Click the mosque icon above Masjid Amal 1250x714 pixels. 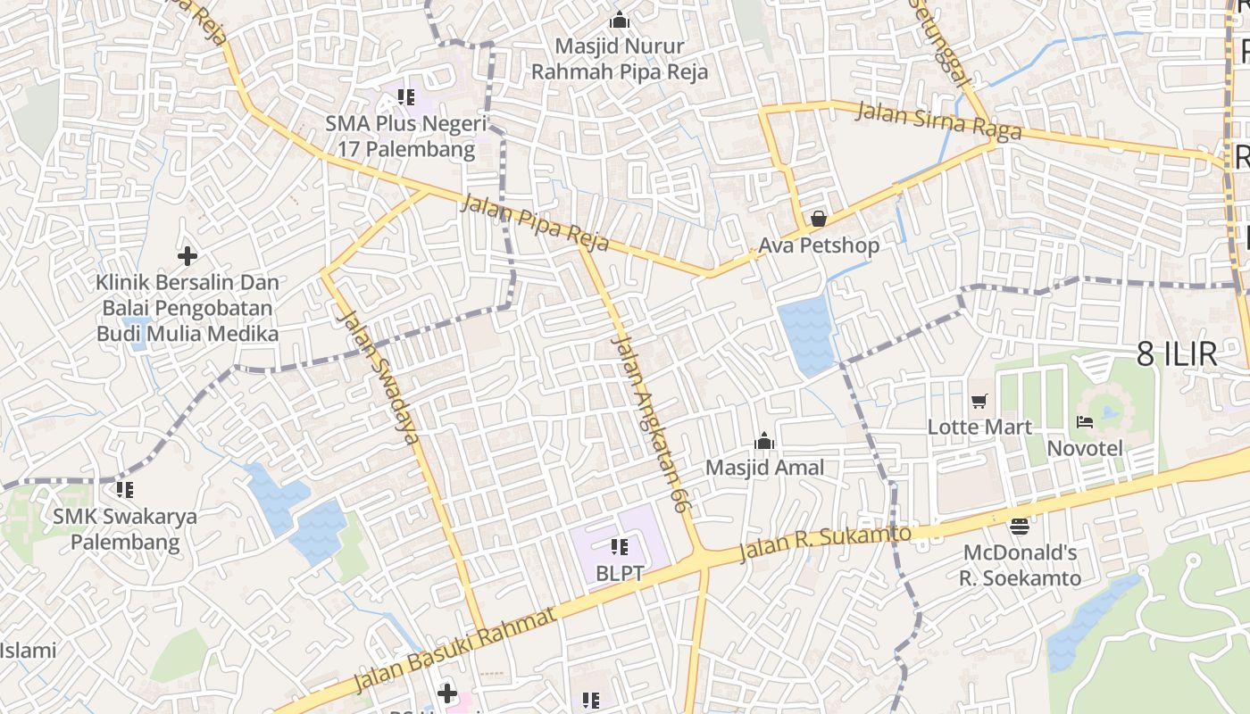(764, 442)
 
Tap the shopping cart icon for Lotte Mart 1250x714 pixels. (979, 402)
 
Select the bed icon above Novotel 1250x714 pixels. (1085, 422)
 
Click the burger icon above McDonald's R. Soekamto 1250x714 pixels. (1019, 526)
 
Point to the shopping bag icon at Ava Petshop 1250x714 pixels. (818, 219)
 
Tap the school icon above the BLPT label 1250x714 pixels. (619, 546)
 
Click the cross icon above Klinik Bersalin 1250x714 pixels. (187, 256)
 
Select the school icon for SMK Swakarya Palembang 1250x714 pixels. (125, 490)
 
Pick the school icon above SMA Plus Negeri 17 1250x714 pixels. (406, 96)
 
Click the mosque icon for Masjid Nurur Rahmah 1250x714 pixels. (619, 20)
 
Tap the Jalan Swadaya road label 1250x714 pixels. (379, 377)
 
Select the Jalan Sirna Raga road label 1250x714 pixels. (938, 122)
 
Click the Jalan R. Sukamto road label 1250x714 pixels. (825, 544)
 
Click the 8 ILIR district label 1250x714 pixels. (1177, 354)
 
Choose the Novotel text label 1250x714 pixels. (1085, 448)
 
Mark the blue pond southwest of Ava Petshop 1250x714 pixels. (806, 335)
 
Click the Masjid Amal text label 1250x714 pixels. (764, 468)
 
